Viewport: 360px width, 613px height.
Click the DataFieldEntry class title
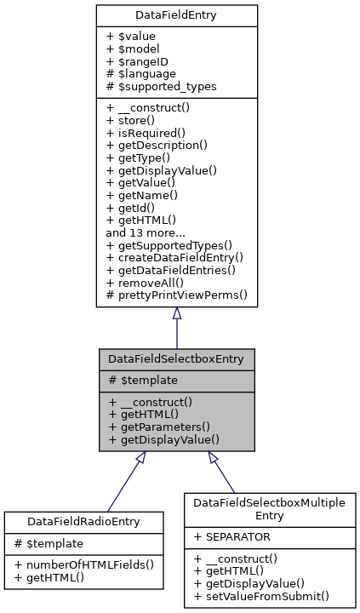tap(176, 15)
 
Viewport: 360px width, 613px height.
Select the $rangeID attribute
tap(135, 62)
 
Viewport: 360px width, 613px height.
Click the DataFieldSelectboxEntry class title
tap(176, 358)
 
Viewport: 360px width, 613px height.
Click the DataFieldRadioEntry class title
tap(83, 520)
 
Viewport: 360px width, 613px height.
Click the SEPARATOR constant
tap(235, 537)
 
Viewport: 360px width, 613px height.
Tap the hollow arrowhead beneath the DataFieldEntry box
tap(176, 314)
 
